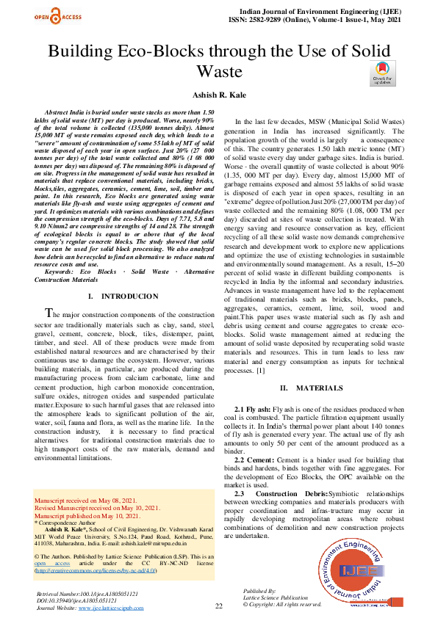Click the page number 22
pyautogui.click(x=219, y=606)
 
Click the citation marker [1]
pyautogui.click(x=260, y=371)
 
